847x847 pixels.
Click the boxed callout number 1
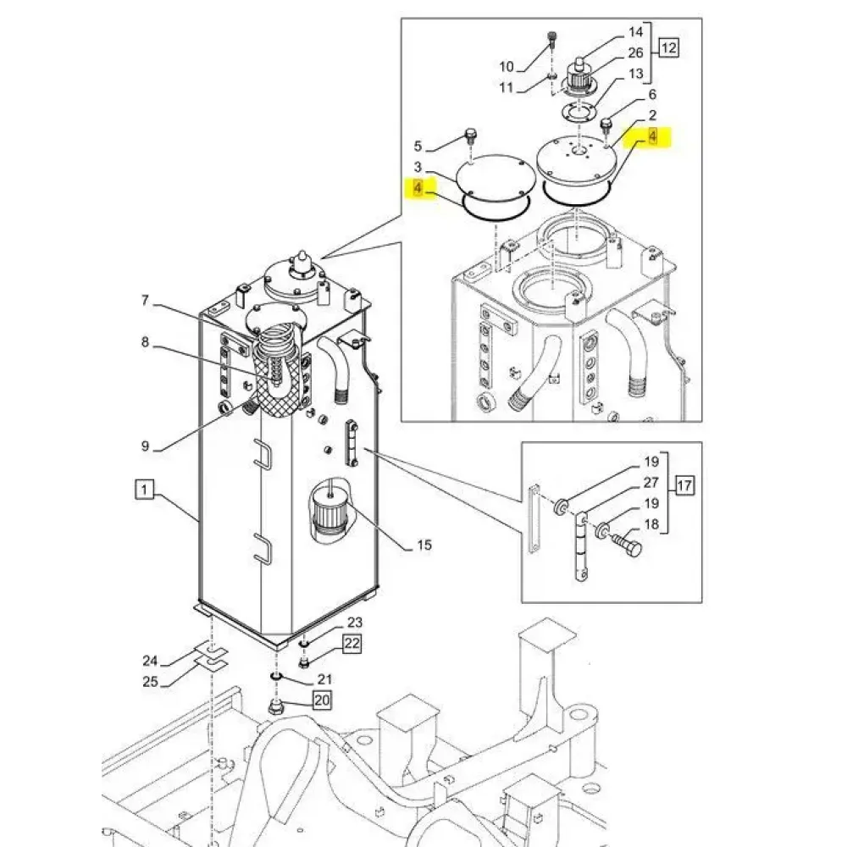(145, 489)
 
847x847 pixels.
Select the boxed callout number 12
(669, 48)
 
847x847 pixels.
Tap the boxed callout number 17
(684, 486)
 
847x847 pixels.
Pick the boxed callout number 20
(323, 700)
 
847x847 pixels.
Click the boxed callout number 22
(352, 645)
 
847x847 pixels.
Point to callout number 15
(425, 545)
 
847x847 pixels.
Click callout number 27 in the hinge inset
(651, 483)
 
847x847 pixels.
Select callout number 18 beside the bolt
(650, 525)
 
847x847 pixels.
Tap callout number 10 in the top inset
(507, 66)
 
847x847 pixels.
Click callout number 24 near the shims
(150, 661)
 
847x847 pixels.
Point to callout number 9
(145, 446)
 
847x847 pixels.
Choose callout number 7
(145, 300)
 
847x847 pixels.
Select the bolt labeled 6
(606, 125)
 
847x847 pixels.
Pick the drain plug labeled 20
(276, 708)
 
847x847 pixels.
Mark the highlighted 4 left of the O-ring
(419, 187)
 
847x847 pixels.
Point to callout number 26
(636, 53)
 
